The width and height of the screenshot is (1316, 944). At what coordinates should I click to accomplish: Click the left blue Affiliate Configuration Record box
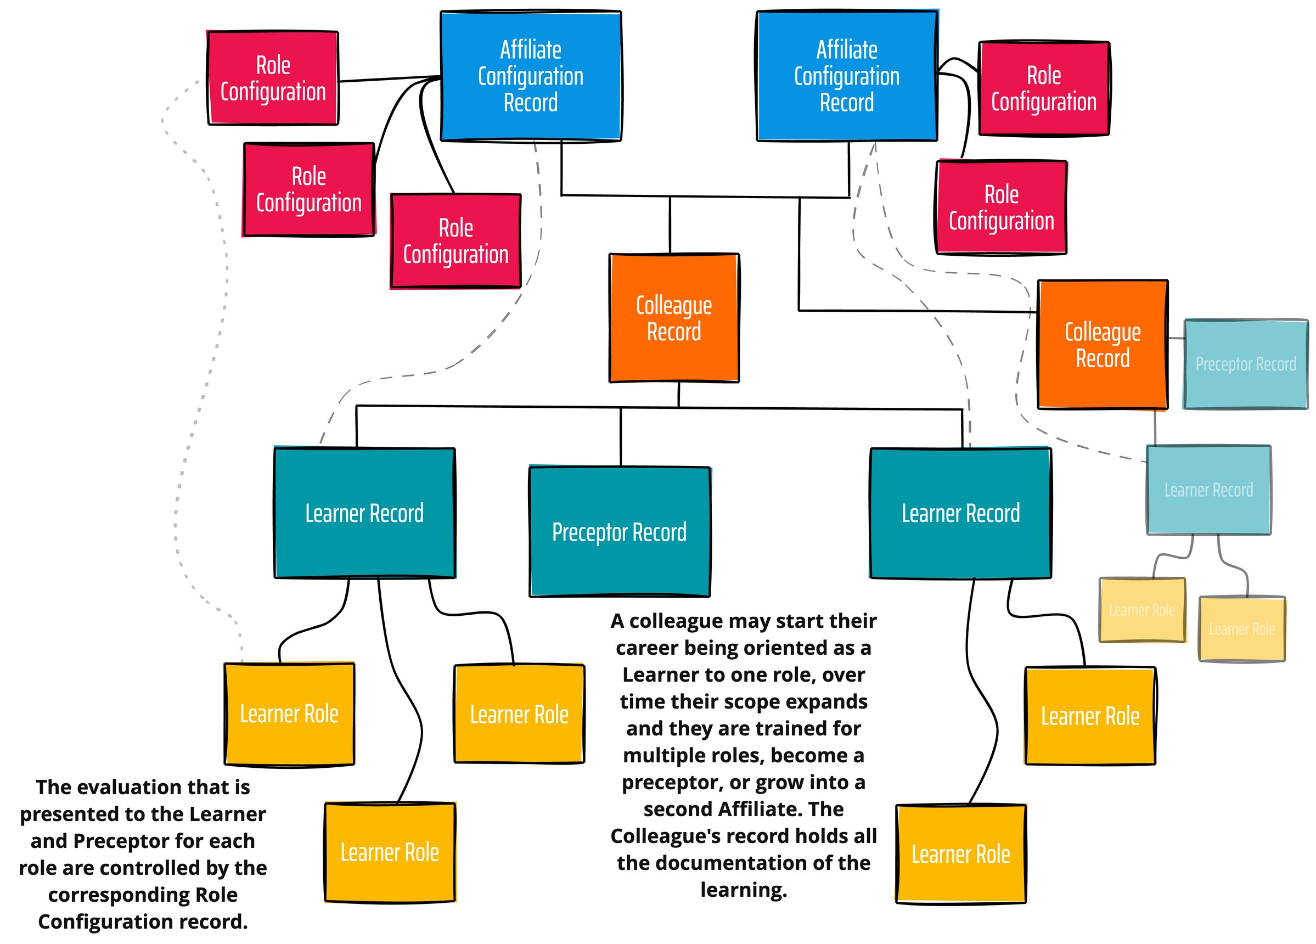pos(530,76)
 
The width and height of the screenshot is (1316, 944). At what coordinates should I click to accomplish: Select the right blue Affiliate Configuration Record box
pos(847,76)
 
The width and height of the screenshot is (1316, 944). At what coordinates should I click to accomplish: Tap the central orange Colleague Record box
pos(674,318)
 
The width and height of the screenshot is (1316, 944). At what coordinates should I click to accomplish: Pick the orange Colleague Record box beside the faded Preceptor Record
pos(1102,345)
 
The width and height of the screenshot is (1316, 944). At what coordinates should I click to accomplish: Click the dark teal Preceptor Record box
pos(619,531)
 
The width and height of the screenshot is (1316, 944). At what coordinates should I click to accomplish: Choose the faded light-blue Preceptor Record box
pos(1245,364)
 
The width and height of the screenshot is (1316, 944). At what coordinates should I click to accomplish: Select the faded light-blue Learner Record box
pos(1208,490)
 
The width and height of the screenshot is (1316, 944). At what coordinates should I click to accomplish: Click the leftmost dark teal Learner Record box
pos(364,513)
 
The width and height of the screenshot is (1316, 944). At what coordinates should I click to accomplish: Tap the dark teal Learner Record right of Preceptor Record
pos(960,513)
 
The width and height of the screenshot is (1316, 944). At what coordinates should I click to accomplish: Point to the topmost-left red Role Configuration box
pos(273,78)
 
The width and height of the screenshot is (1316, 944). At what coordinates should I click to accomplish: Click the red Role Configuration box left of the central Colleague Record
pos(455,241)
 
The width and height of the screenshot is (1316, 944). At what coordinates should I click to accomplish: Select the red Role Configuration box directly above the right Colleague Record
pos(1001,207)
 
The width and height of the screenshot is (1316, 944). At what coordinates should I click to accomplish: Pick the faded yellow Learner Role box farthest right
pos(1242,628)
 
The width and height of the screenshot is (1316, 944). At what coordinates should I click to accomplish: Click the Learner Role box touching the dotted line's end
pos(289,713)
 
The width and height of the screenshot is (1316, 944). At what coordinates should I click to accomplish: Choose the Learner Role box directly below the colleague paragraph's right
pos(960,853)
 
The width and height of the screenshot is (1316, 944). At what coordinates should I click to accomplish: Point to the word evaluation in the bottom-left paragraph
pos(153,787)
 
